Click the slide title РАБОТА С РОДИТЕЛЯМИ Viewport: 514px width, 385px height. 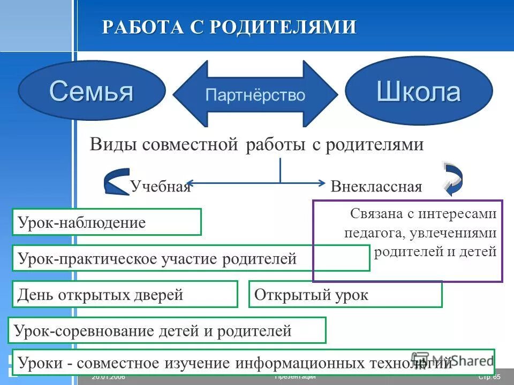click(x=229, y=27)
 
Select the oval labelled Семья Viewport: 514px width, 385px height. click(x=91, y=90)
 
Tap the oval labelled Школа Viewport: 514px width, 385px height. click(x=418, y=91)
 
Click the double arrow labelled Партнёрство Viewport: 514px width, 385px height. click(x=255, y=95)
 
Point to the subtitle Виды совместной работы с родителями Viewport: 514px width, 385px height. click(x=257, y=144)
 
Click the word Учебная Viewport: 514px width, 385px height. click(x=160, y=186)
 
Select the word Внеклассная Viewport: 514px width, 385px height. click(x=376, y=187)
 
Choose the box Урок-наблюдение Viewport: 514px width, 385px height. click(x=107, y=222)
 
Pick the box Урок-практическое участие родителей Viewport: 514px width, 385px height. click(x=190, y=258)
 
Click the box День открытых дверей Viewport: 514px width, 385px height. click(x=125, y=294)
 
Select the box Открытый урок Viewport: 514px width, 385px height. click(x=345, y=294)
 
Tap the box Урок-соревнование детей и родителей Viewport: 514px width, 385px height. click(x=167, y=330)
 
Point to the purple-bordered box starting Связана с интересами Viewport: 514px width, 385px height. click(x=407, y=241)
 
